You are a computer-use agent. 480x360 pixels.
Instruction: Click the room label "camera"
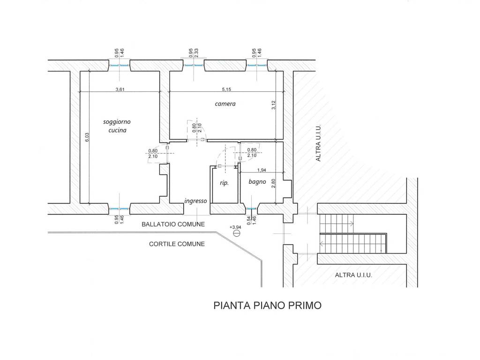(x=225, y=104)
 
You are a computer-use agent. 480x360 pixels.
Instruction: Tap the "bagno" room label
(x=257, y=182)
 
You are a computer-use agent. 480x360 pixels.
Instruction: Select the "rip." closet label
(x=225, y=183)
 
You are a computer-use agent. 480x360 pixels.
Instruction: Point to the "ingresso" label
(x=195, y=201)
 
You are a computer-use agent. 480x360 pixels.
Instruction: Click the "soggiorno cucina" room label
(x=117, y=126)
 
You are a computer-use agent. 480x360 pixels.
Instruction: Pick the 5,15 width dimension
(x=226, y=90)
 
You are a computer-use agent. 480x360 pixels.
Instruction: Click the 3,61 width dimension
(x=120, y=90)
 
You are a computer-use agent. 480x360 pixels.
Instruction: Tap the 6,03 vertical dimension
(x=87, y=137)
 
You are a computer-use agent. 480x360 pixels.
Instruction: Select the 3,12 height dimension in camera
(x=274, y=105)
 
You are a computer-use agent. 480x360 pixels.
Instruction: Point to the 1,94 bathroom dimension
(x=262, y=170)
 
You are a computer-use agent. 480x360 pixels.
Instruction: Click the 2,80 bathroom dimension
(x=274, y=183)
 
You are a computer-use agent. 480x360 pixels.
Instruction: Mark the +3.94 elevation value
(x=235, y=227)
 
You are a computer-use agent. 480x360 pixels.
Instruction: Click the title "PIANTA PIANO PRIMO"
(x=267, y=306)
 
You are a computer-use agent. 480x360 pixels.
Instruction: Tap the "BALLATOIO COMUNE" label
(x=173, y=225)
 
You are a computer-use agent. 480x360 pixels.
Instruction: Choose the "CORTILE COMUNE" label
(x=177, y=244)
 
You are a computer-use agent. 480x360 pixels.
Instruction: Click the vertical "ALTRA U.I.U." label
(x=318, y=142)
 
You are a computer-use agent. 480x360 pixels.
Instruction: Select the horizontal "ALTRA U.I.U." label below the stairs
(x=353, y=275)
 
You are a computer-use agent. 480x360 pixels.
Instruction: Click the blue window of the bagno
(x=251, y=209)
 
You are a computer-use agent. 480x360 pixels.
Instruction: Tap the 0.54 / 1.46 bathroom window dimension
(x=251, y=220)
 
